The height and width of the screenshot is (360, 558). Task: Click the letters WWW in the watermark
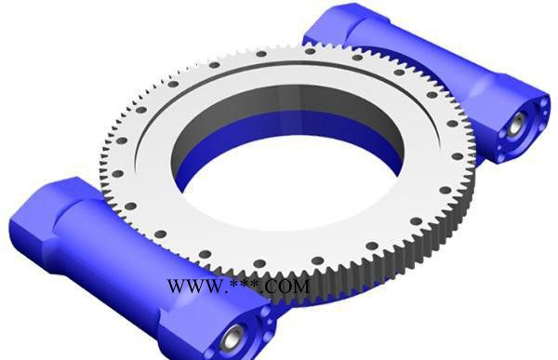pyautogui.click(x=195, y=286)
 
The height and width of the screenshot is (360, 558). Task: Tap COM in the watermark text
pyautogui.click(x=286, y=287)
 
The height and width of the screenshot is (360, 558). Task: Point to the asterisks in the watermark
pyautogui.click(x=246, y=284)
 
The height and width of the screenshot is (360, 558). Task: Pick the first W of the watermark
pyautogui.click(x=177, y=286)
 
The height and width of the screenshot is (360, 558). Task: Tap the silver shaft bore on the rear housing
pyautogui.click(x=514, y=125)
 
